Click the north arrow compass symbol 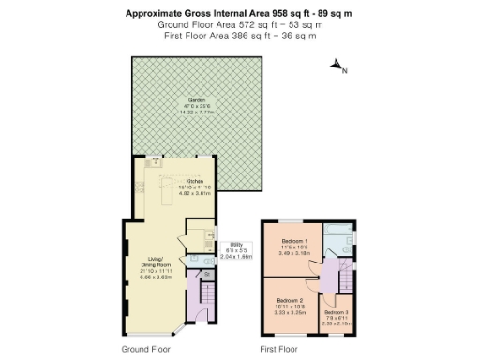[x=338, y=67]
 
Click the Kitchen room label [x=195, y=181]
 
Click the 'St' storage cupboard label [x=194, y=275]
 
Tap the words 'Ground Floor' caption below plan [x=145, y=349]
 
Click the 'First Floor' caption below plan [x=278, y=349]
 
